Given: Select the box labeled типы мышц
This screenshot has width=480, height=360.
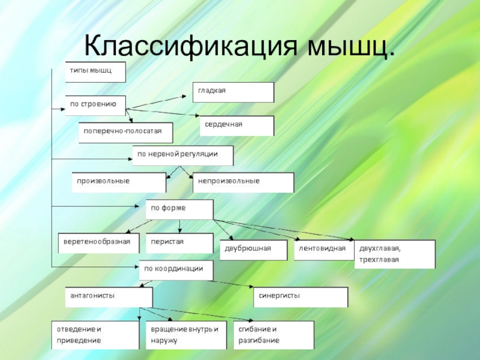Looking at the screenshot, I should coord(95,71).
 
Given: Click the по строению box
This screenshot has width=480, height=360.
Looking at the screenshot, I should coord(95,105).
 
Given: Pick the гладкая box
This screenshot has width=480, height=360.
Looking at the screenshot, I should coord(233,92).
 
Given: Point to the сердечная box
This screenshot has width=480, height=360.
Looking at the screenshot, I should coord(236,125).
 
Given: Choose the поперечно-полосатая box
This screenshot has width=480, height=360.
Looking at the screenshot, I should coord(125,133).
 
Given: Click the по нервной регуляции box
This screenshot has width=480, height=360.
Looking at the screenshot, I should coord(182,155).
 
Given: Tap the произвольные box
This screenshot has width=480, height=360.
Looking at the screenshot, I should coord(118,182).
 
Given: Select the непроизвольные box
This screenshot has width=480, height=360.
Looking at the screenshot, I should coord(243,182).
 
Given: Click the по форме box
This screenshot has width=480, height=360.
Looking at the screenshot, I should coord(179,209).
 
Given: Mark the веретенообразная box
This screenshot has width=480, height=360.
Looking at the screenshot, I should coord(98,242).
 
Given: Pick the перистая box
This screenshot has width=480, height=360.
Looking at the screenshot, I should coord(179,242).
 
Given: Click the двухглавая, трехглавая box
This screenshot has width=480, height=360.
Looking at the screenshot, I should coord(395,254).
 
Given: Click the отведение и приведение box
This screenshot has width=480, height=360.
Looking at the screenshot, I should coord(95,335).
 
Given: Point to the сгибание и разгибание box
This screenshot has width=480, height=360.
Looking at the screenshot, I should coord(274,335).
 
